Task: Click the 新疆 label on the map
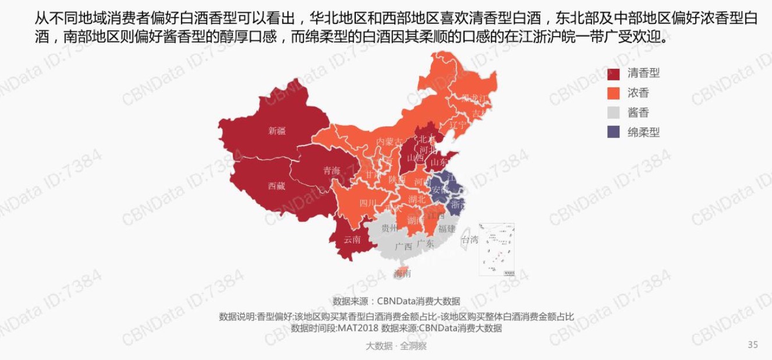(x=277, y=131)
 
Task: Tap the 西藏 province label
(x=277, y=186)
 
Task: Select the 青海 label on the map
(x=332, y=171)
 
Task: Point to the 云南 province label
(x=352, y=239)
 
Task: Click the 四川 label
(x=367, y=203)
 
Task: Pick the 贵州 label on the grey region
(x=389, y=228)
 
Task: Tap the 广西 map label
(x=403, y=246)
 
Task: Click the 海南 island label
(x=402, y=273)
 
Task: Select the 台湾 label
(x=469, y=239)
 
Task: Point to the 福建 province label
(x=447, y=228)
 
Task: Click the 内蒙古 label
(x=389, y=142)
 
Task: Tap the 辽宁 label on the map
(x=458, y=125)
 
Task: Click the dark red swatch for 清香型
(x=614, y=74)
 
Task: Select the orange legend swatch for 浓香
(x=614, y=93)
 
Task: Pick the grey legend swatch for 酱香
(x=614, y=113)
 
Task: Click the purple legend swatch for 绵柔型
(x=614, y=132)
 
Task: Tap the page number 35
(x=752, y=345)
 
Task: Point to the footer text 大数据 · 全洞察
(x=396, y=346)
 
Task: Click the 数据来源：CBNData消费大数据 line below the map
(x=396, y=301)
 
